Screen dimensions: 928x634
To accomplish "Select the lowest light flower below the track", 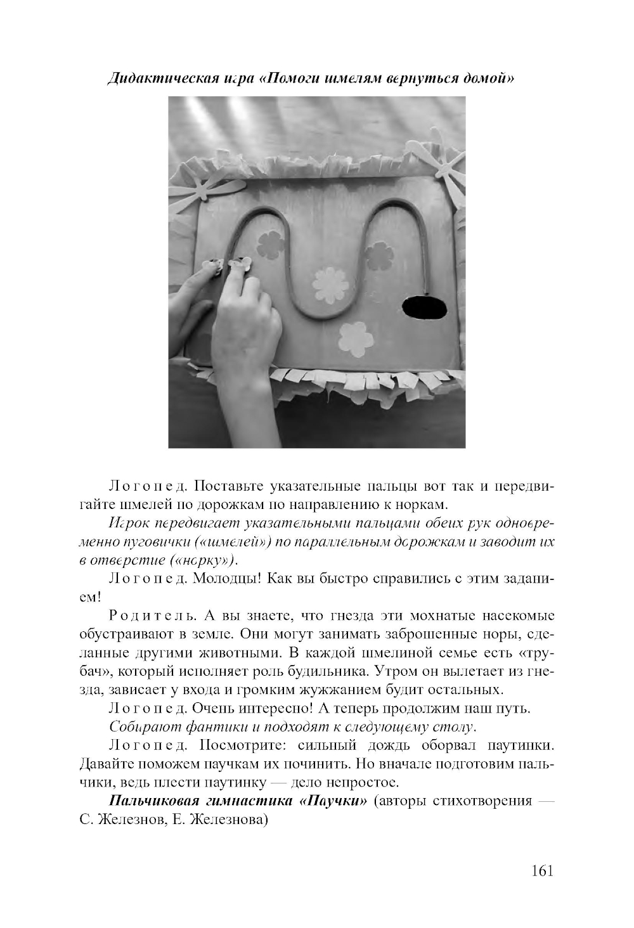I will click(355, 337).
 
